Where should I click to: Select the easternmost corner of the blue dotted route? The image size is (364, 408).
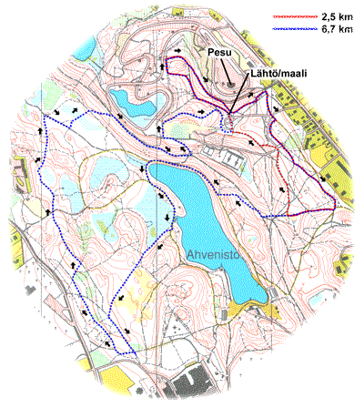tap(336, 206)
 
